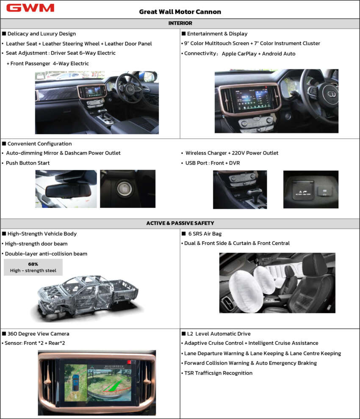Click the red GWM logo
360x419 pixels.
pyautogui.click(x=30, y=8)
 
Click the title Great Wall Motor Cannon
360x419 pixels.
pyautogui.click(x=180, y=12)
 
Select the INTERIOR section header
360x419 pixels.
pyautogui.click(x=180, y=23)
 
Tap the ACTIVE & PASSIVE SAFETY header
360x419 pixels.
pyautogui.click(x=180, y=223)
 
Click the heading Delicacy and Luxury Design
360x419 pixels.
pyautogui.click(x=42, y=33)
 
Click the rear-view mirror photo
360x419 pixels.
pyautogui.click(x=66, y=189)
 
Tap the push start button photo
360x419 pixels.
pyautogui.click(x=127, y=189)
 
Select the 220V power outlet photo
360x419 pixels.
pyautogui.click(x=310, y=189)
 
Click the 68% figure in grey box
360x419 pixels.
pyautogui.click(x=33, y=264)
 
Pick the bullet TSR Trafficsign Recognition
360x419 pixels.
pyautogui.click(x=218, y=373)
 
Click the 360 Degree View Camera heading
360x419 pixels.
pyautogui.click(x=38, y=334)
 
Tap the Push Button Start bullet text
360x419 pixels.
pyautogui.click(x=28, y=163)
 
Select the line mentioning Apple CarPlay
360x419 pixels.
pyautogui.click(x=239, y=54)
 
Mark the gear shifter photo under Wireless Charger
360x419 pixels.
pyautogui.click(x=240, y=189)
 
